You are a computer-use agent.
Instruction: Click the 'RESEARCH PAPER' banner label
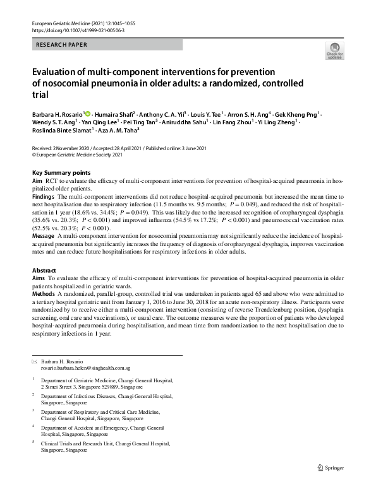62,45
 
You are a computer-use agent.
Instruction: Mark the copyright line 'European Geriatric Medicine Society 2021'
77,154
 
